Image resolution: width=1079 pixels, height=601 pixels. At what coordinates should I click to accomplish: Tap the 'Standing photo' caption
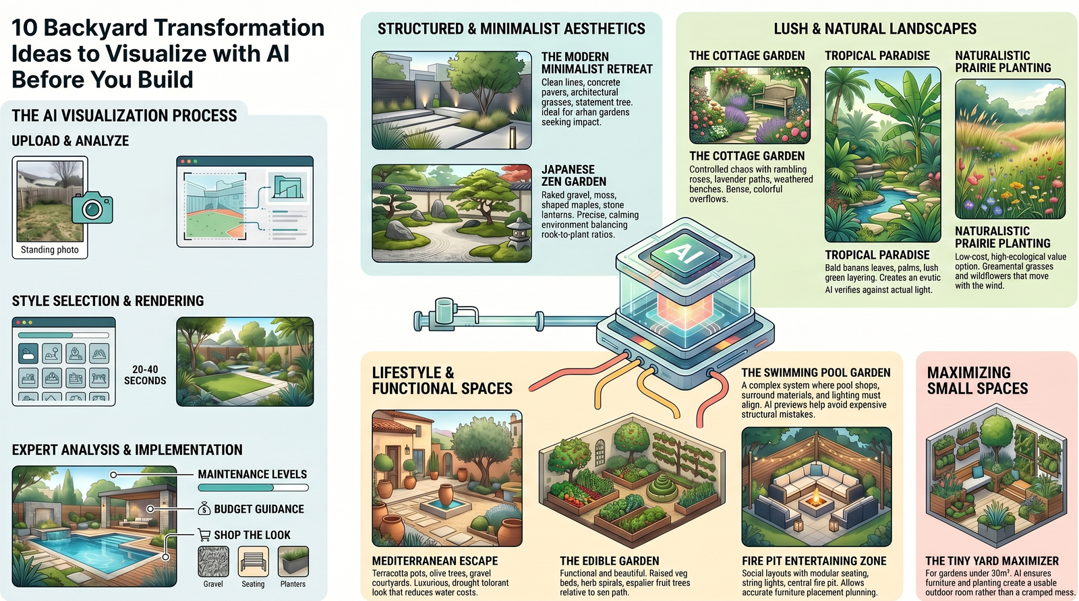(x=50, y=250)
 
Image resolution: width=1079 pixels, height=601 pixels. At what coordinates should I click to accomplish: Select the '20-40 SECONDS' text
(x=145, y=375)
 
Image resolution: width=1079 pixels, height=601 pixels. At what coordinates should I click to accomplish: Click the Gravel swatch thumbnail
(x=213, y=561)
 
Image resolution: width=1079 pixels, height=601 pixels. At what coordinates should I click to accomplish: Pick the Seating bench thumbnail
(x=253, y=561)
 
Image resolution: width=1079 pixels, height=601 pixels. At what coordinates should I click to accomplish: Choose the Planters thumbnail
(x=293, y=561)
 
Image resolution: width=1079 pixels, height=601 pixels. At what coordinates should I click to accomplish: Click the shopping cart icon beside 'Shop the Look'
(x=204, y=534)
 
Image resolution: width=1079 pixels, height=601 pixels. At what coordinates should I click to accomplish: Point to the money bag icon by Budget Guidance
(x=204, y=509)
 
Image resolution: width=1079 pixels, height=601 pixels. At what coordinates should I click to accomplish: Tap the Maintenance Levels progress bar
(x=253, y=487)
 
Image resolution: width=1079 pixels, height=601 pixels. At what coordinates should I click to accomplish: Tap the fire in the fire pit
(x=815, y=497)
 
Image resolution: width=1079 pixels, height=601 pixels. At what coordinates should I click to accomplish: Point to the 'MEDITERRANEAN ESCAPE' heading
(x=435, y=561)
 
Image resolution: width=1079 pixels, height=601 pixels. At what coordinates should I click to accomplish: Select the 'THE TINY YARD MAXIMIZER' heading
(x=992, y=561)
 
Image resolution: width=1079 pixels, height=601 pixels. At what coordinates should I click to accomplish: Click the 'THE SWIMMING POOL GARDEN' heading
(x=816, y=373)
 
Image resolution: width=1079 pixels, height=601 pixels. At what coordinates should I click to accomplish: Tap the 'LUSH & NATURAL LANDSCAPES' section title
(x=875, y=29)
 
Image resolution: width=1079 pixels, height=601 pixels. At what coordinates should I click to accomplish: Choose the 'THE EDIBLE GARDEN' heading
(x=610, y=561)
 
